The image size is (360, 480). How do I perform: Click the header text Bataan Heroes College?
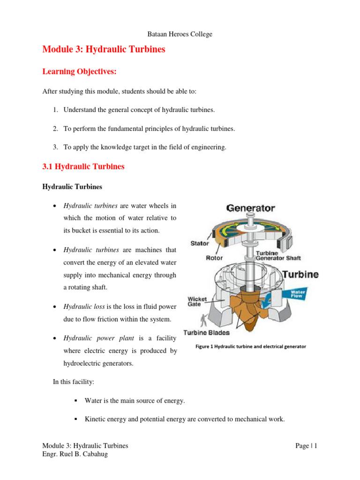(180, 34)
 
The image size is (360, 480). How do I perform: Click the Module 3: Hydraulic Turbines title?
(104, 49)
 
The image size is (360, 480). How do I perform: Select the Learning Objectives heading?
(79, 72)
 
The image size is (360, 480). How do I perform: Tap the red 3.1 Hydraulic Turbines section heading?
(83, 166)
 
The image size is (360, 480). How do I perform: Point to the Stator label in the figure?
(200, 243)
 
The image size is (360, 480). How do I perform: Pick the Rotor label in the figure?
(214, 257)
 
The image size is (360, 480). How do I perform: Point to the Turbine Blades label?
(206, 332)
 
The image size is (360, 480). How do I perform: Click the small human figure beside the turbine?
(202, 321)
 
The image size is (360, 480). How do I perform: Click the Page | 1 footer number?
(307, 446)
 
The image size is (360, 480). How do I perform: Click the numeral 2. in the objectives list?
(55, 128)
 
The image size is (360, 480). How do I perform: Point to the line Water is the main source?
(135, 400)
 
